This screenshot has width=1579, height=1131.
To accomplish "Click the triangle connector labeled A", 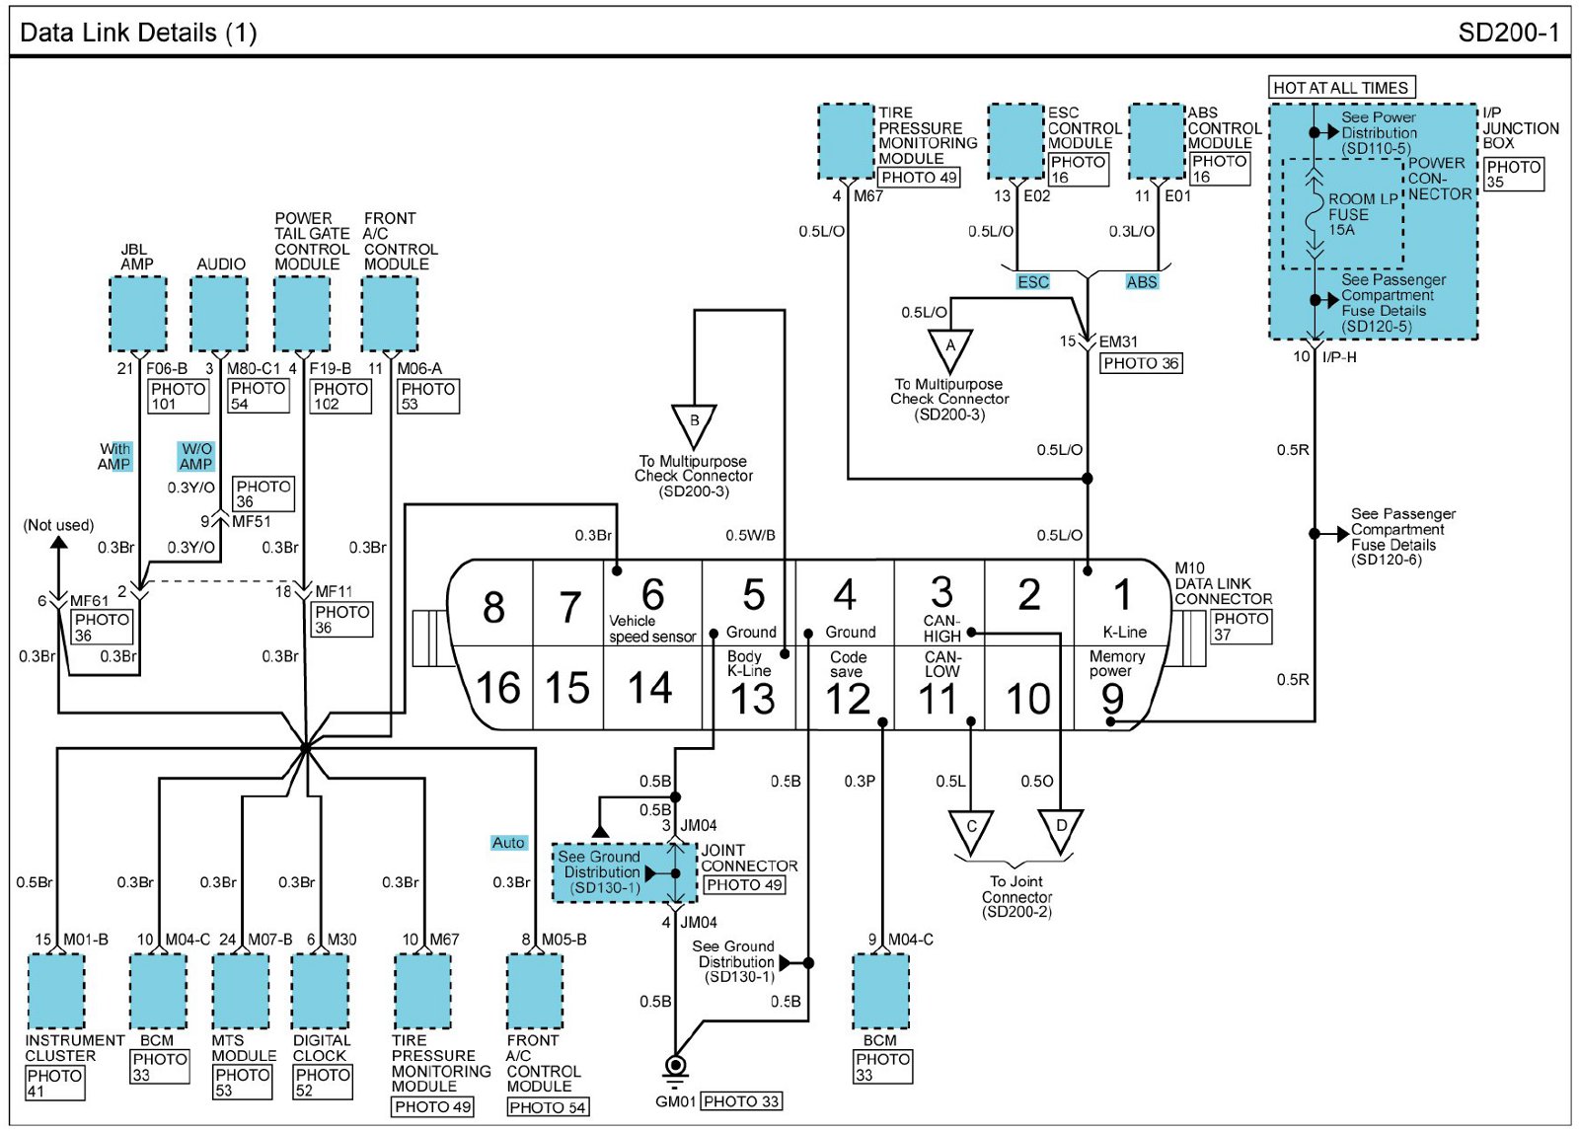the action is tap(949, 350).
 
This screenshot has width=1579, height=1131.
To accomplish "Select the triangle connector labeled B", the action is tap(694, 426).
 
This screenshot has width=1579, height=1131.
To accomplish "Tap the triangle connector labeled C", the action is tap(971, 832).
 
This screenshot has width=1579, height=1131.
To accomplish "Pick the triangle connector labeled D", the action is tap(1061, 832).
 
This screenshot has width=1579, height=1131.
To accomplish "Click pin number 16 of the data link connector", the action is tap(498, 688).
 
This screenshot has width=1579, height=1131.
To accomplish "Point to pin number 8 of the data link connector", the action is tap(493, 607).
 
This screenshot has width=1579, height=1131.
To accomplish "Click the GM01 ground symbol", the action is tap(675, 1067).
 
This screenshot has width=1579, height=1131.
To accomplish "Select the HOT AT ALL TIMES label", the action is tap(1341, 88).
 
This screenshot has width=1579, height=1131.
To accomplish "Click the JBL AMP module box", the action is tap(138, 314).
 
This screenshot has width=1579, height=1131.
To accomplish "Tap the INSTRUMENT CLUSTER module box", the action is tap(56, 991).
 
